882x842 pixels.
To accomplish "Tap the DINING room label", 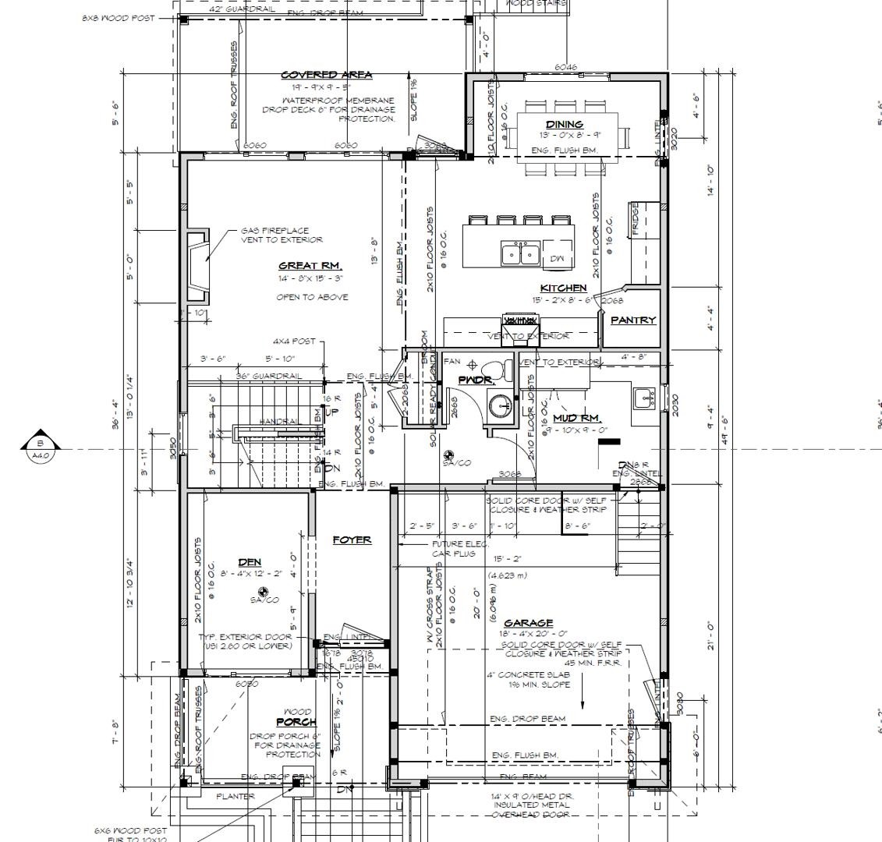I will click(x=564, y=125).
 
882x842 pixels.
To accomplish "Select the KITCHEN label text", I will click(x=563, y=288).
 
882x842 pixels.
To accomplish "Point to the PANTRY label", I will click(x=632, y=320).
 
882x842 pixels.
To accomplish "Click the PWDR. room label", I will click(x=476, y=380).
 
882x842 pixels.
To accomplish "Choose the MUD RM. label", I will click(x=575, y=419).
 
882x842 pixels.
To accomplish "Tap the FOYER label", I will click(x=352, y=540).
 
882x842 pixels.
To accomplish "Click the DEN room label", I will click(x=250, y=562).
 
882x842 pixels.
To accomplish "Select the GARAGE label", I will click(x=528, y=623).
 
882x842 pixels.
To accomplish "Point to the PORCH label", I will click(x=296, y=722).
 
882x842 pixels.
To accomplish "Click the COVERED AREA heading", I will click(x=326, y=75).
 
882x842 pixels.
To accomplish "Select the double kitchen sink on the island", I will click(x=520, y=253).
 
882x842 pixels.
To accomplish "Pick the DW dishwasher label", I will click(x=557, y=258).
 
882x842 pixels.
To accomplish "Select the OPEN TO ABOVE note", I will click(x=312, y=297).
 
